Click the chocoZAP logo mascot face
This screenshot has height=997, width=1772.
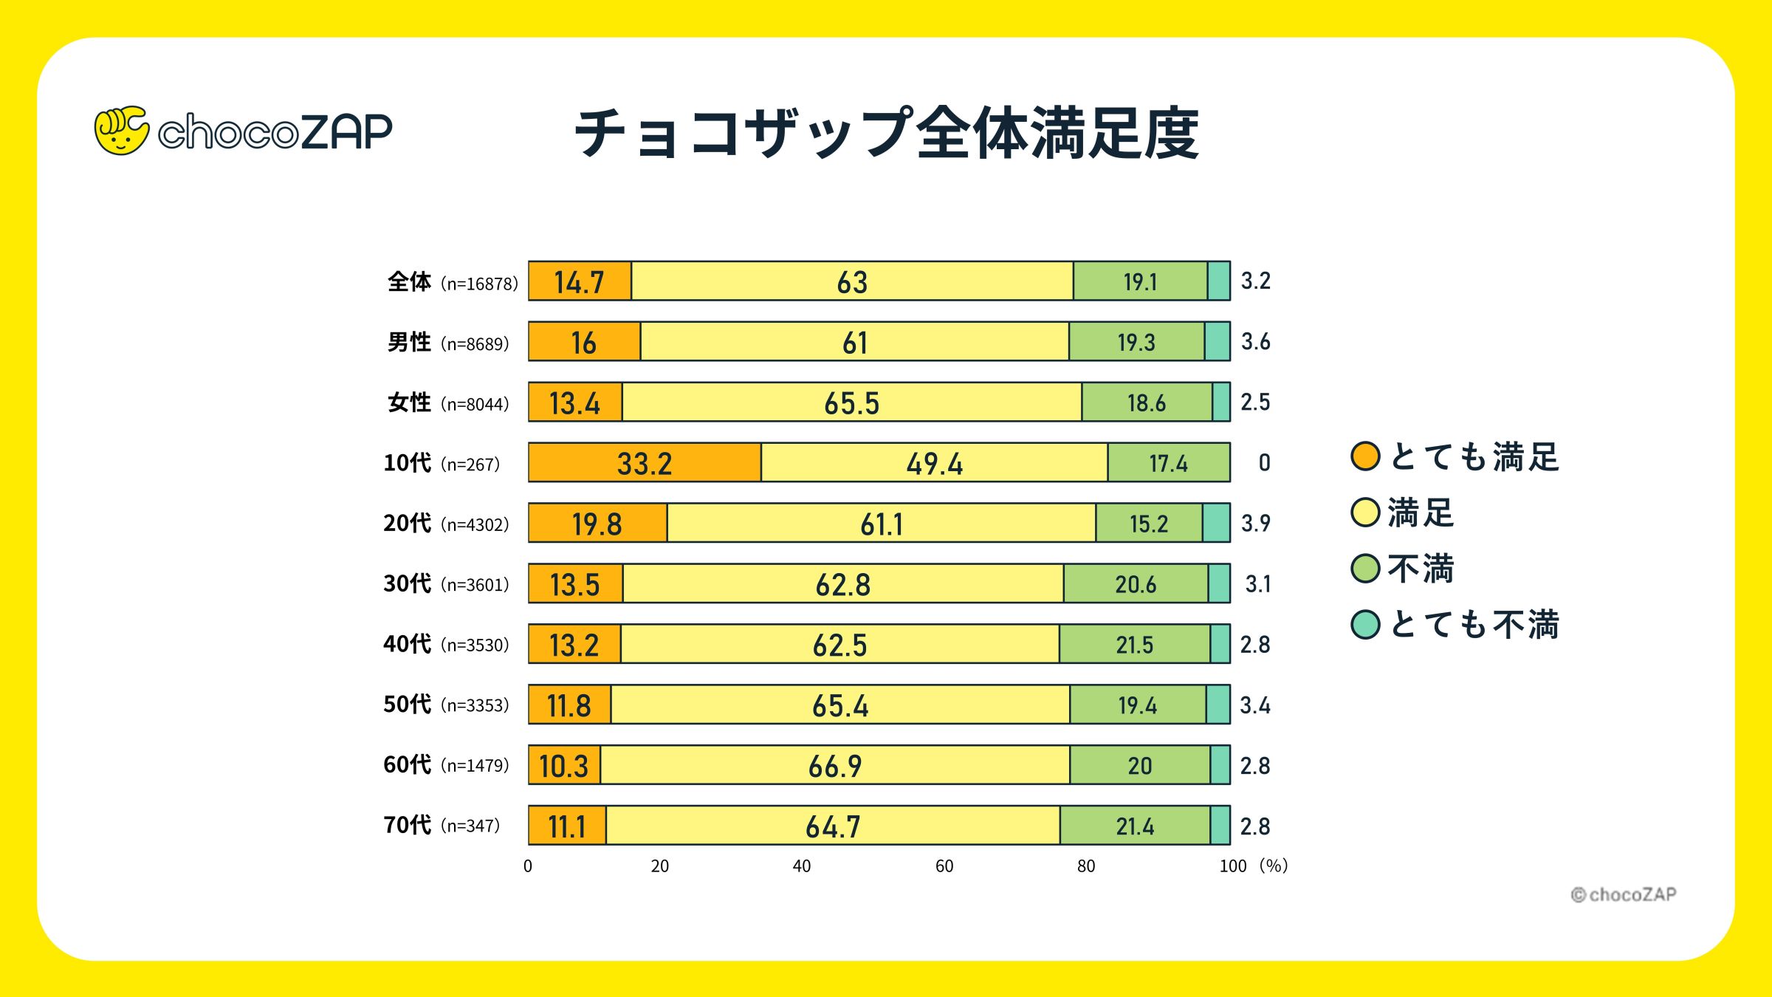point(121,131)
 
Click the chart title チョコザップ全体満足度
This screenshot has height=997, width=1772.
point(886,134)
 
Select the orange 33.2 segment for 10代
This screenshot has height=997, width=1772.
point(645,463)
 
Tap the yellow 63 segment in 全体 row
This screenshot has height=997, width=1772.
point(852,281)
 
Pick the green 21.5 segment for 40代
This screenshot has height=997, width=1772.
point(1134,644)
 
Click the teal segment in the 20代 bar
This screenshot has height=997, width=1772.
point(1216,523)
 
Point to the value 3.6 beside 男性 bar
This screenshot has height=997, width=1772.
point(1255,341)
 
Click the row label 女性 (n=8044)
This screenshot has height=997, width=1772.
point(447,402)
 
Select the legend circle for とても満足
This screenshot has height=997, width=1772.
point(1365,456)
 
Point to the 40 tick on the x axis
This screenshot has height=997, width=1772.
point(802,866)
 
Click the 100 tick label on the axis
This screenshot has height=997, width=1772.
point(1232,866)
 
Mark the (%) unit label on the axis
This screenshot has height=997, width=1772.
point(1274,866)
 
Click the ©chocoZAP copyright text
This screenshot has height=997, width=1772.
point(1623,894)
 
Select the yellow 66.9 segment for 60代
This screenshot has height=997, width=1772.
point(835,765)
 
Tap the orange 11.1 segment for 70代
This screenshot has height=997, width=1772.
point(567,826)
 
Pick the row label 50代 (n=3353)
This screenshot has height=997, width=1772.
point(446,704)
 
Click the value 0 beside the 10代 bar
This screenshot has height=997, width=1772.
point(1264,462)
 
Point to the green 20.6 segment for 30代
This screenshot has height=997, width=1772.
point(1136,583)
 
